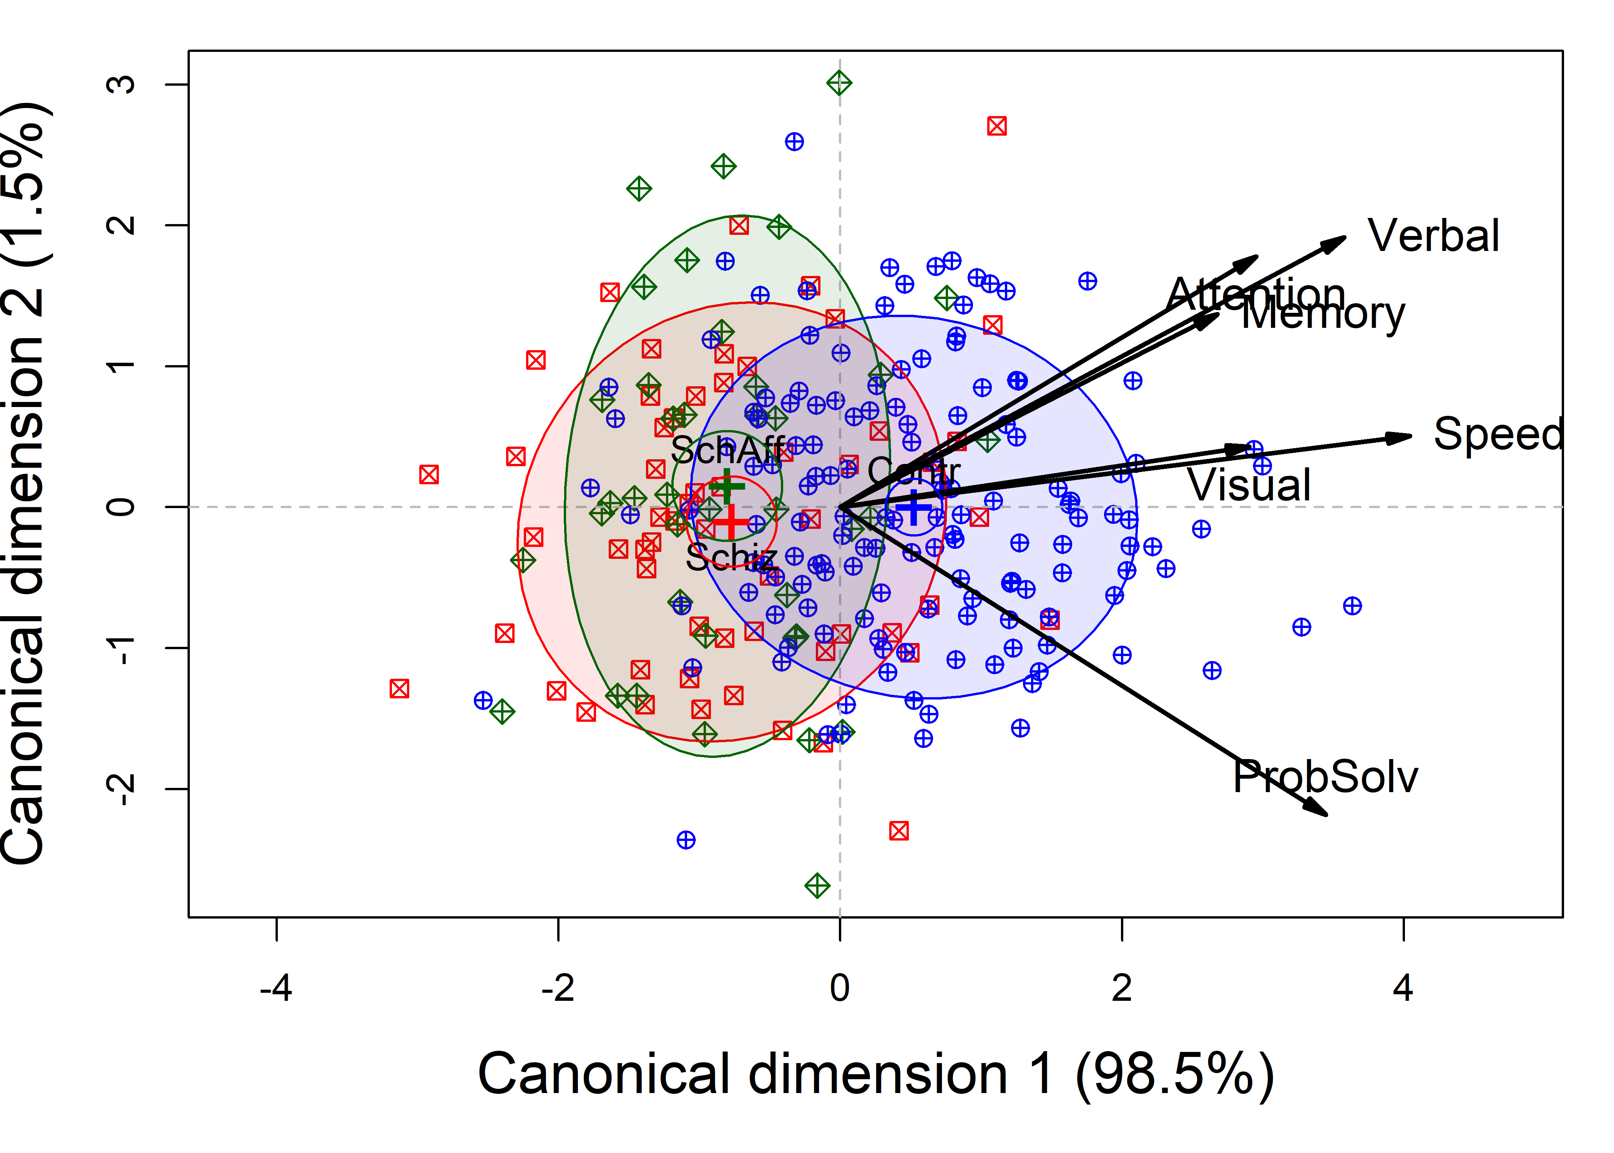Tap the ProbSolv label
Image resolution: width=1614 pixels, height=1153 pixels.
[x=1324, y=777]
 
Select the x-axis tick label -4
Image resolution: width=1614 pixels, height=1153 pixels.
[x=276, y=988]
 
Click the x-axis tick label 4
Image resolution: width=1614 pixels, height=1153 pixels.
[x=1403, y=988]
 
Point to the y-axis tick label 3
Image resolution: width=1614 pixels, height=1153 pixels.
[x=121, y=85]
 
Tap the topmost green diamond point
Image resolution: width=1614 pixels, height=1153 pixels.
[x=839, y=83]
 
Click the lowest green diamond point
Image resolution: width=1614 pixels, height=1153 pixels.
[x=817, y=886]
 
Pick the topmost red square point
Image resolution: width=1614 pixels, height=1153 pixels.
[x=996, y=126]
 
